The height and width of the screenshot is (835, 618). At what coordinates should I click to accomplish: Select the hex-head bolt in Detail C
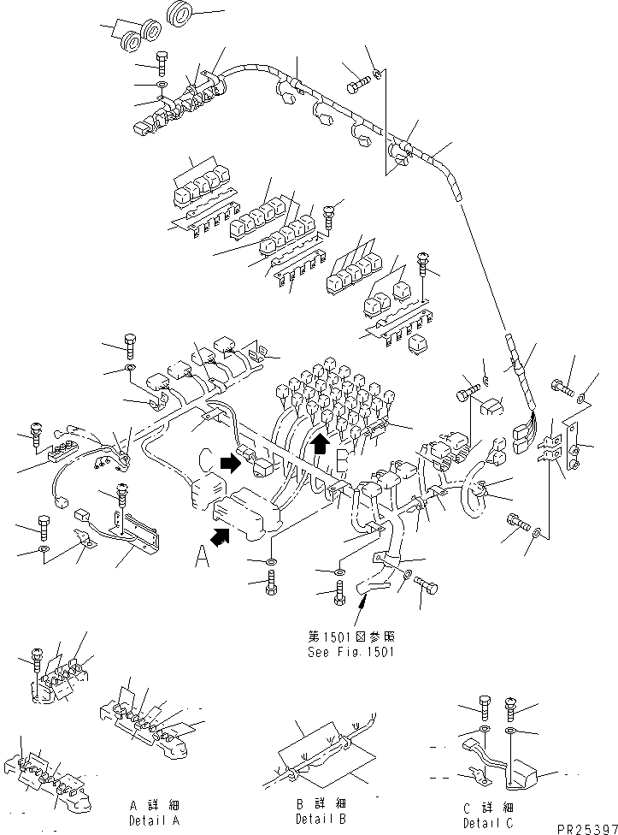(x=485, y=707)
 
